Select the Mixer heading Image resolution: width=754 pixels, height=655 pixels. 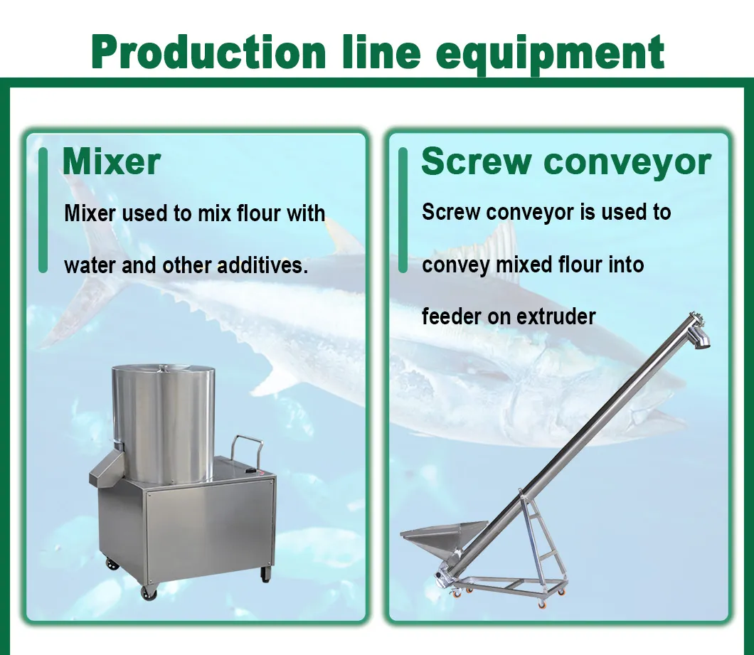[112, 161]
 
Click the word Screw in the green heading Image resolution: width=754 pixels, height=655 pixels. [475, 161]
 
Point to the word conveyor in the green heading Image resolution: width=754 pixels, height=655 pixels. [627, 162]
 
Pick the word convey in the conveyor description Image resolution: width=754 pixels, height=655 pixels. [456, 265]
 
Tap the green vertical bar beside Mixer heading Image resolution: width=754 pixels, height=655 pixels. [43, 210]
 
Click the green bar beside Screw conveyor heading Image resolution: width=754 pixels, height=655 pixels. [403, 210]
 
